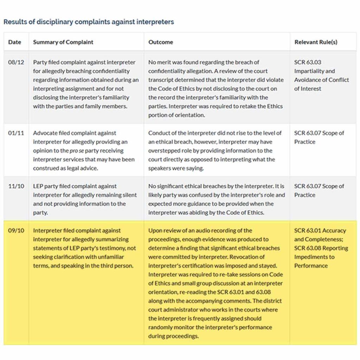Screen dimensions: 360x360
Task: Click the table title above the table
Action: click(x=89, y=22)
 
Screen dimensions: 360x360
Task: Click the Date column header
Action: click(x=14, y=42)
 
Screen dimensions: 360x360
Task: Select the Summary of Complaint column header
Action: click(x=63, y=42)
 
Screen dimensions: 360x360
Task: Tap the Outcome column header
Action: click(x=161, y=42)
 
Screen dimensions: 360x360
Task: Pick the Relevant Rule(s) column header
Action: click(x=316, y=42)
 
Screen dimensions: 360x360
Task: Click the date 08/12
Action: click(x=16, y=62)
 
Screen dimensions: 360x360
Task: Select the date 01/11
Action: click(x=16, y=133)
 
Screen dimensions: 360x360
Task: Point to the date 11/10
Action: click(x=16, y=186)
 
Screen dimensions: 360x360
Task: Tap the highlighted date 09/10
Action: click(x=16, y=231)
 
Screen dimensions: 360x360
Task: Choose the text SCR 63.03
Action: click(x=308, y=62)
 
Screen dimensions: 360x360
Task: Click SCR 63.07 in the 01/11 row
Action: click(x=308, y=133)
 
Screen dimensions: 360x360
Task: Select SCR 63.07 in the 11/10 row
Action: click(x=308, y=186)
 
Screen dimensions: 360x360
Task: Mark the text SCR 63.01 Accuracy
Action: click(x=320, y=231)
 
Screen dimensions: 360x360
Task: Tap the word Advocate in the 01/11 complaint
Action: click(x=45, y=133)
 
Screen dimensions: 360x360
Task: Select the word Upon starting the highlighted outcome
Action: click(x=155, y=231)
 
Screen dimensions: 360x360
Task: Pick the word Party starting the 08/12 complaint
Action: click(x=39, y=62)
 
